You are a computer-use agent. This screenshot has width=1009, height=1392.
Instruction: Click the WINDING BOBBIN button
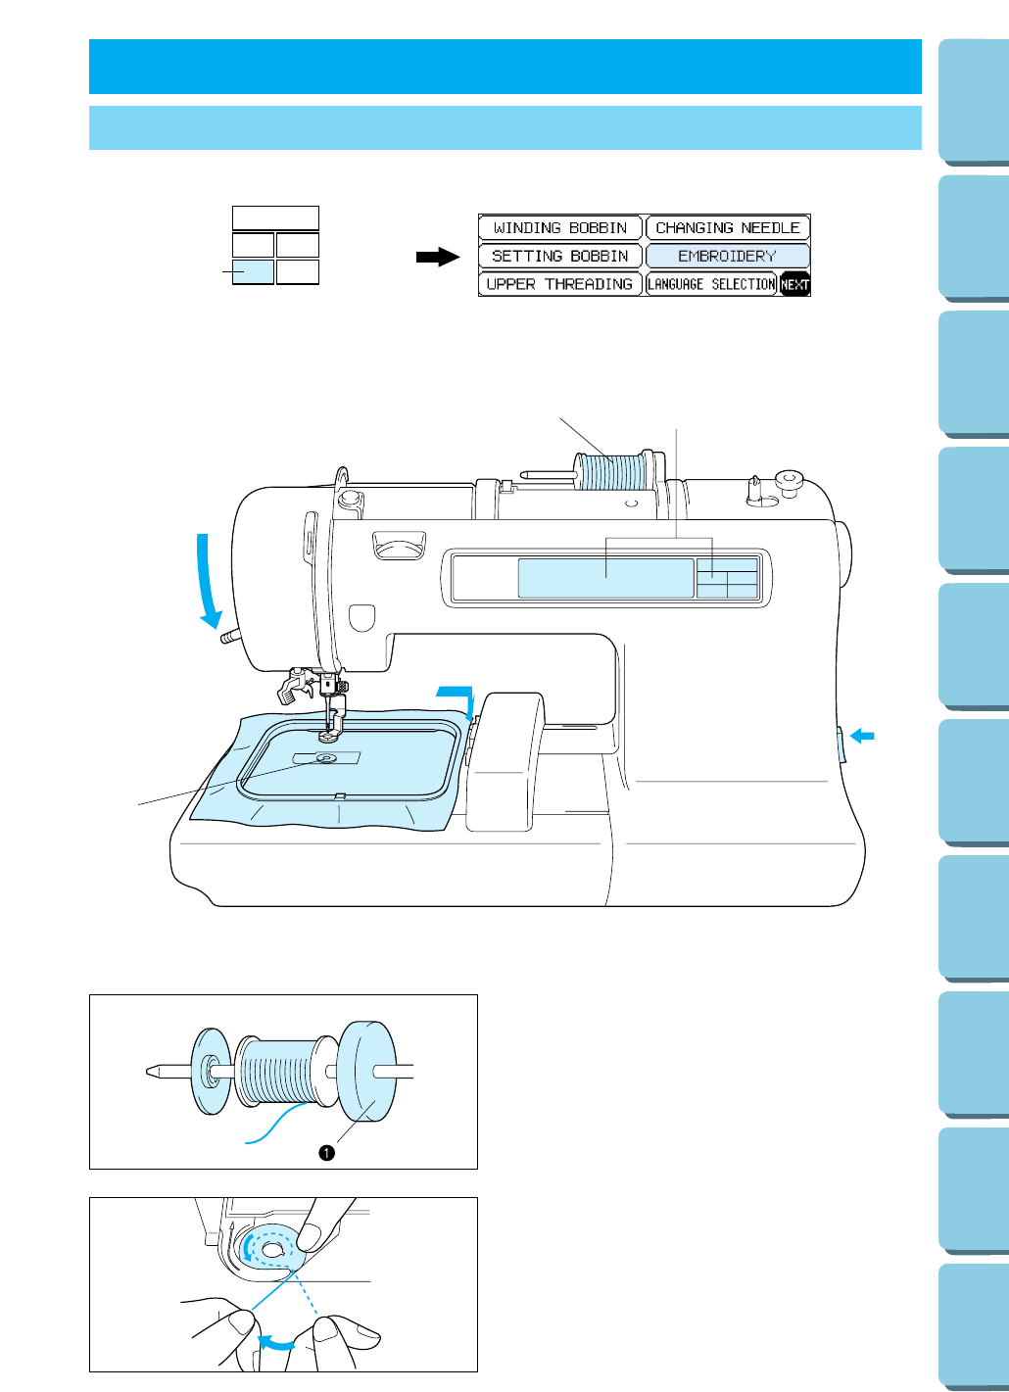point(559,228)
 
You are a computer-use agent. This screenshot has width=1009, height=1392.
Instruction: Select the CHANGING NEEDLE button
point(727,228)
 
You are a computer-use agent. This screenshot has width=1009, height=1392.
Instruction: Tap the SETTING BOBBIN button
point(559,257)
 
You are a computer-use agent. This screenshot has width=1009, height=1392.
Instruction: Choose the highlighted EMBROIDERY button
point(727,257)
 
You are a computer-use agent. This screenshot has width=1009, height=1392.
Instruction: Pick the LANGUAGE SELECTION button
point(711,284)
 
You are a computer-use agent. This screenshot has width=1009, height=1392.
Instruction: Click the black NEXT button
point(794,285)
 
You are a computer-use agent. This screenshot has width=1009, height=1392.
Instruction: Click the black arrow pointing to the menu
point(438,257)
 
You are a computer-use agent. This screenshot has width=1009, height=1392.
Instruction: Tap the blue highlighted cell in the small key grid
point(253,271)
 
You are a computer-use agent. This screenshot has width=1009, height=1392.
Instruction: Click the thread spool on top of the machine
point(611,471)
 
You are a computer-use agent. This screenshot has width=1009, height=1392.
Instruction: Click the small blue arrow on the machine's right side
point(862,736)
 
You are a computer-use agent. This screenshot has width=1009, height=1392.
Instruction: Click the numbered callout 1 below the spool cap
point(327,1153)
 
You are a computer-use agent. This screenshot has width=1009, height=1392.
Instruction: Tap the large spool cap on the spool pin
point(367,1071)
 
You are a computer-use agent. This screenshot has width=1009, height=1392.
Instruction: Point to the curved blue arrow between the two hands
point(274,1343)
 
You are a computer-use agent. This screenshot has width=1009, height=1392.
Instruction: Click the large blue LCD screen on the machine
point(604,578)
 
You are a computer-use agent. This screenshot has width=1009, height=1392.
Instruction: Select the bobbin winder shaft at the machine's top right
point(754,488)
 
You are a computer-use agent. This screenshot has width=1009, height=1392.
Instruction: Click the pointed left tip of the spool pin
point(152,1072)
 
